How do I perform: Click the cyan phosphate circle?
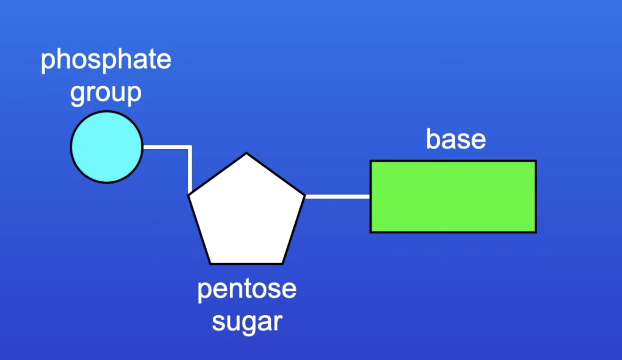(x=107, y=147)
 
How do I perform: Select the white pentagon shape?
(x=247, y=215)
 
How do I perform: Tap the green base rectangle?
(x=453, y=196)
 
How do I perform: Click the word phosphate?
(x=106, y=61)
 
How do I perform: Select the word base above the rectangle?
(x=456, y=139)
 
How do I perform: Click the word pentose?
(x=247, y=288)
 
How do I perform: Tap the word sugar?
(x=247, y=321)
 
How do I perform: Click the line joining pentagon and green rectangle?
(x=337, y=196)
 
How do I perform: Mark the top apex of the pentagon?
(x=247, y=154)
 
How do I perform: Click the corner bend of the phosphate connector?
(x=190, y=147)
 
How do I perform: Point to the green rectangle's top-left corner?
(x=372, y=162)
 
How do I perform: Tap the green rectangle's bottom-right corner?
(x=535, y=232)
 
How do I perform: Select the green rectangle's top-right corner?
(x=535, y=162)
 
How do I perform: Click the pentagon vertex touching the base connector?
(x=304, y=196)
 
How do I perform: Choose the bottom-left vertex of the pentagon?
(x=210, y=263)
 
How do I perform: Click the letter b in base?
(x=433, y=139)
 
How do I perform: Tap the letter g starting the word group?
(x=78, y=95)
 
